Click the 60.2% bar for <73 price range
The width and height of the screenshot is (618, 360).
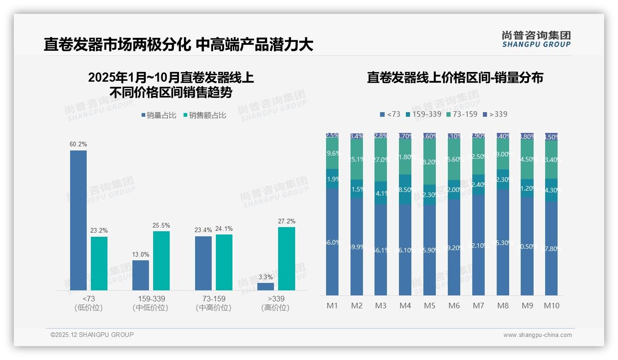[78, 220]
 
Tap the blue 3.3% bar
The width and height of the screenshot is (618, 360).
[266, 287]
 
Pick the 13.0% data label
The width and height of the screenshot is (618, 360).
[141, 254]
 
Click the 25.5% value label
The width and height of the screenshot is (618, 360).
[161, 225]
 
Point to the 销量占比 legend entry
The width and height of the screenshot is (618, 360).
[159, 115]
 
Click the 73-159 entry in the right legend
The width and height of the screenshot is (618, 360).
[462, 114]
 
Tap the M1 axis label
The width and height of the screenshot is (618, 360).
[332, 306]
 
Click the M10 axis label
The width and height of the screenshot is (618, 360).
[551, 306]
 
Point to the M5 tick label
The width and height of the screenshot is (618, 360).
[429, 306]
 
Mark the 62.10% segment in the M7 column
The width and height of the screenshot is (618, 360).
[478, 245]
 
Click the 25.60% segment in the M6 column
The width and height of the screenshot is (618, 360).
[454, 159]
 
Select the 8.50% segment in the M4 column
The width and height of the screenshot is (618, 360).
[405, 189]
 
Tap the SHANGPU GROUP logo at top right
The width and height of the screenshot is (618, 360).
[536, 39]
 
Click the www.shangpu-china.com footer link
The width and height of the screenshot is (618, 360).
[537, 335]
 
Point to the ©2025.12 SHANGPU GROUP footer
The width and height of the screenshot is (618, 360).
[92, 335]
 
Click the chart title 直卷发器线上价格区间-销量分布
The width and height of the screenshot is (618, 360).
[455, 78]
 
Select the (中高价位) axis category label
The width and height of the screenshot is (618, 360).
[214, 308]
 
